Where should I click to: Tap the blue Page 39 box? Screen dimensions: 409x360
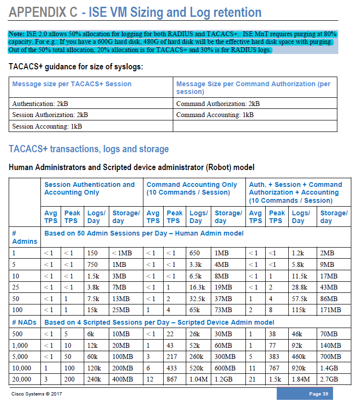pyautogui.click(x=304, y=394)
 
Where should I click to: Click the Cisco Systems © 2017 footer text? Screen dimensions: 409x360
pyautogui.click(x=37, y=394)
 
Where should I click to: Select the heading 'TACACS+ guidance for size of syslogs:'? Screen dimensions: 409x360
pyautogui.click(x=76, y=66)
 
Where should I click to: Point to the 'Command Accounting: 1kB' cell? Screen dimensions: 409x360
pyautogui.click(x=215, y=115)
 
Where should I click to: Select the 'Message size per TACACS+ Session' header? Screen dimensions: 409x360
pyautogui.click(x=72, y=84)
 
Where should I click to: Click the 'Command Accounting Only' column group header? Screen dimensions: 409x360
pyautogui.click(x=192, y=185)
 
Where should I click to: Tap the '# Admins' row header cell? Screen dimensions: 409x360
pyautogui.click(x=24, y=237)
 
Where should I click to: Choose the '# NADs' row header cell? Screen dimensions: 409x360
pyautogui.click(x=24, y=322)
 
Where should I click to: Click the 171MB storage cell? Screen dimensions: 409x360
pyautogui.click(x=331, y=309)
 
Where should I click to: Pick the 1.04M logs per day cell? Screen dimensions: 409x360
pyautogui.click(x=198, y=379)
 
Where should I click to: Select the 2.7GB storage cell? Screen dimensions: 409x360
pyautogui.click(x=329, y=379)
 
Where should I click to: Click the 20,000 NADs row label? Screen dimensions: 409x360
pyautogui.click(x=22, y=379)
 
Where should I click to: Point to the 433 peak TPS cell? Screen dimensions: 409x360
pyautogui.click(x=172, y=368)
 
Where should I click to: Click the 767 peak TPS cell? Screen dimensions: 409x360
pyautogui.click(x=275, y=368)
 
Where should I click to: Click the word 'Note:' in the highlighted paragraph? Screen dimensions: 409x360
pyautogui.click(x=17, y=34)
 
